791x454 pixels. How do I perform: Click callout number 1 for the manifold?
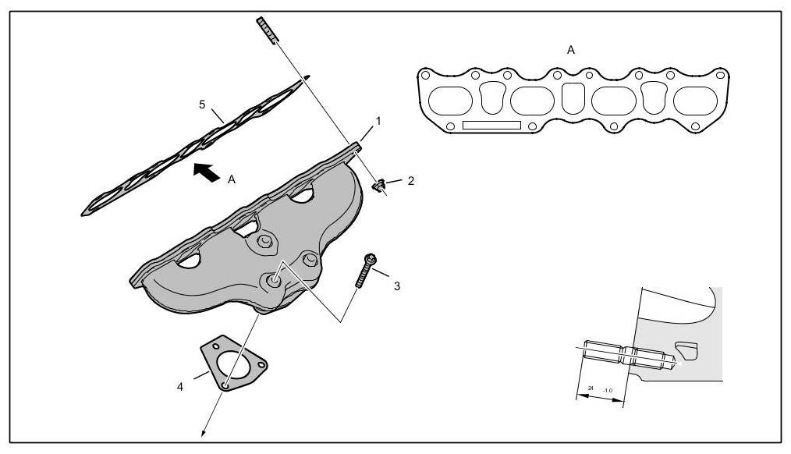(378, 121)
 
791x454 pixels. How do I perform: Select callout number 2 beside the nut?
(410, 181)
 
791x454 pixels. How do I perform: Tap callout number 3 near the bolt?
(397, 286)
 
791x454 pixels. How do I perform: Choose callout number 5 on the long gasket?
(202, 104)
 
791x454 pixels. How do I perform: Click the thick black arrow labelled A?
(205, 171)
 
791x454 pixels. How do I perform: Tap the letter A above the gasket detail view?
(571, 49)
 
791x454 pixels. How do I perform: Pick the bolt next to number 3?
(366, 270)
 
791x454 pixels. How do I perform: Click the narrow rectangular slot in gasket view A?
(491, 126)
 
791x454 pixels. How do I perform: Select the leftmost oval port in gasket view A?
(451, 101)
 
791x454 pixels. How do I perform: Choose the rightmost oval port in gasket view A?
(695, 101)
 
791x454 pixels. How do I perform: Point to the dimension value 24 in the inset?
(591, 388)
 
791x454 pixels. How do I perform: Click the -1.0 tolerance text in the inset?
(608, 389)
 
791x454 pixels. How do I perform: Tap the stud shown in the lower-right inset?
(628, 354)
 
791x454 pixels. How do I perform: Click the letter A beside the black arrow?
(232, 179)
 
